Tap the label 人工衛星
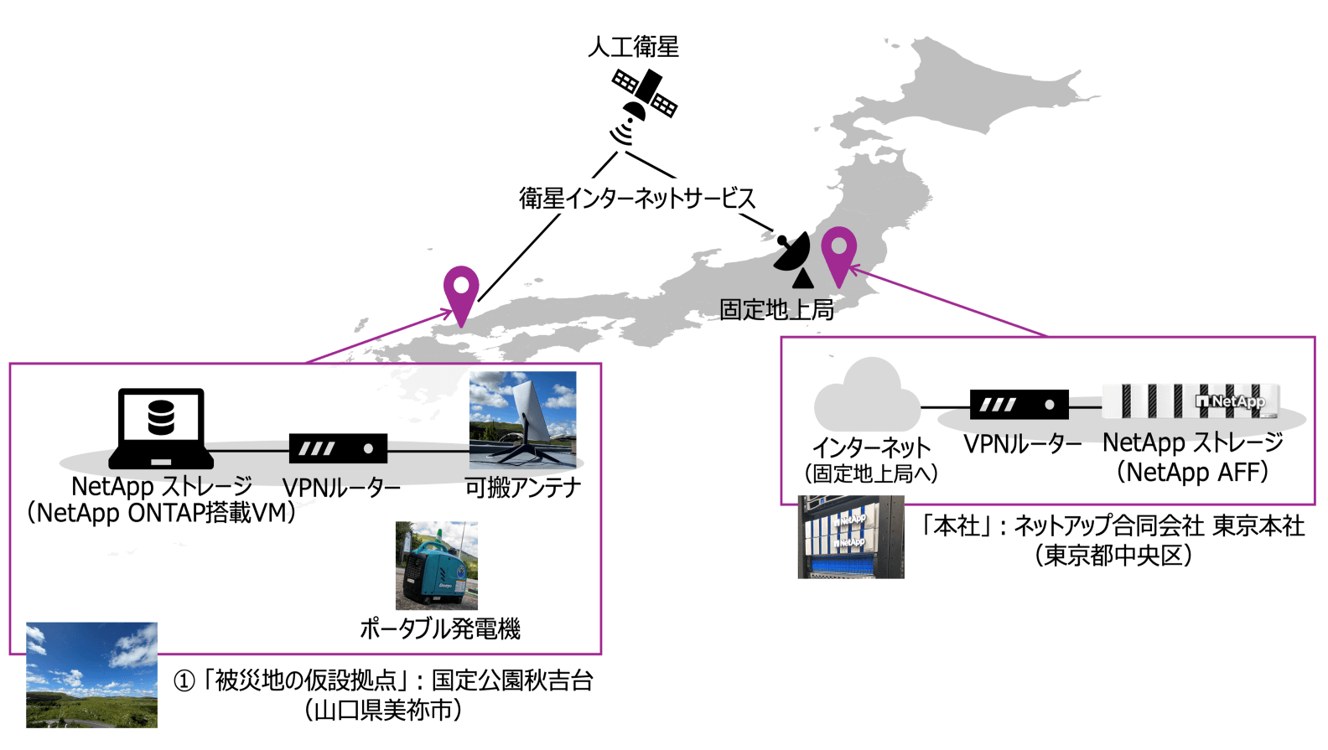[633, 46]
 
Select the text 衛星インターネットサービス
[637, 199]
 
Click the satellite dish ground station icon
[793, 259]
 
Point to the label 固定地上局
[776, 310]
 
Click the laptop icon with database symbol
[160, 427]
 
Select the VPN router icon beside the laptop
[338, 448]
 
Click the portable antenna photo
[522, 419]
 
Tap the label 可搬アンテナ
[523, 487]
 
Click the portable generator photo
[436, 566]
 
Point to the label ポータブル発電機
[440, 628]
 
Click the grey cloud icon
[867, 396]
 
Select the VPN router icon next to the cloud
[1019, 404]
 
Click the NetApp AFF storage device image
[1191, 401]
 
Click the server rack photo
[851, 537]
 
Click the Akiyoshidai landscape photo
[91, 675]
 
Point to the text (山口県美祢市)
[383, 711]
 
